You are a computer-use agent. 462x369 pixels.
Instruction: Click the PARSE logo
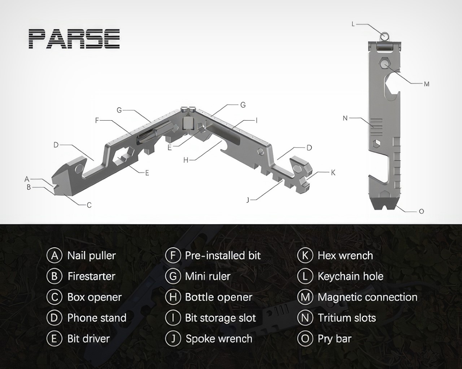point(74,39)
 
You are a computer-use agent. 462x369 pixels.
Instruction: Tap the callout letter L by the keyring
point(353,24)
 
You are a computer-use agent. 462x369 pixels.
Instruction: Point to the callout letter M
point(427,84)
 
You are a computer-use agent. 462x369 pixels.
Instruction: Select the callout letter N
point(345,118)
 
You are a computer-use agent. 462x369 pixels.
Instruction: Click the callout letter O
point(421,212)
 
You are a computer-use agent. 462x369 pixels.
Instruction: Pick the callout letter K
point(333,173)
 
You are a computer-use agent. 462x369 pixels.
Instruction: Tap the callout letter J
point(248,200)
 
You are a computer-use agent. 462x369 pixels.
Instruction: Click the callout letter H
point(186,160)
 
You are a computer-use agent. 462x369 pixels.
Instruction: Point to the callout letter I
point(256,121)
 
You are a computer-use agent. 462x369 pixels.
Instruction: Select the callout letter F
point(97,121)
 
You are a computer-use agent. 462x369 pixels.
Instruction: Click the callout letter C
point(89,205)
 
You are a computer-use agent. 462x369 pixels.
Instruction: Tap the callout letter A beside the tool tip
point(27,179)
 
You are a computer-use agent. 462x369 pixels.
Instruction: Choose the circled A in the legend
point(54,256)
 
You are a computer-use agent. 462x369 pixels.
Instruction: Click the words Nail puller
point(92,256)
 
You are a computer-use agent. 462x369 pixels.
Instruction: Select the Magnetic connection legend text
point(367,297)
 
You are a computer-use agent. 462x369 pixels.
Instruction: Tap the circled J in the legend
point(173,339)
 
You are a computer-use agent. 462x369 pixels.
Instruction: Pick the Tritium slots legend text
point(347,318)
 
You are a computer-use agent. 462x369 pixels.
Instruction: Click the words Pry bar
point(335,339)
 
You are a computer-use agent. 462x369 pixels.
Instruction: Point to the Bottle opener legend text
point(219,297)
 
